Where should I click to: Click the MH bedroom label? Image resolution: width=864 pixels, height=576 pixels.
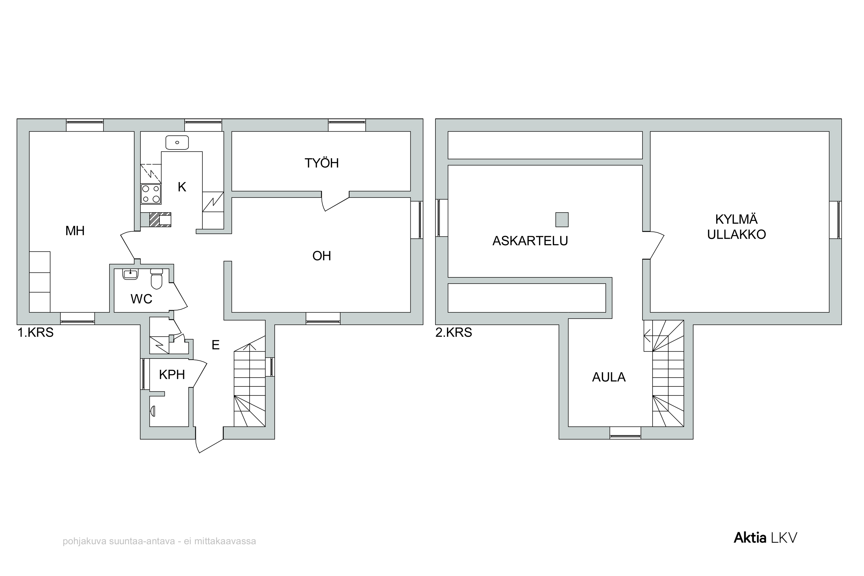(x=75, y=231)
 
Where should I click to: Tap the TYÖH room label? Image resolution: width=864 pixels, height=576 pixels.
(x=321, y=163)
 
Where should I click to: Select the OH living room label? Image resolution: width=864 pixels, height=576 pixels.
(x=322, y=256)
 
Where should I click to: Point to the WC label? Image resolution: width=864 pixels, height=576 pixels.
(x=141, y=299)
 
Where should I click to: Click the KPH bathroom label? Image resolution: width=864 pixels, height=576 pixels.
(x=172, y=375)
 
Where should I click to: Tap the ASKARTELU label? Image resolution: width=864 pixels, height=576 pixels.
(x=530, y=241)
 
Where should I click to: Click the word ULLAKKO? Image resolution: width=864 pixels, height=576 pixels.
(x=736, y=234)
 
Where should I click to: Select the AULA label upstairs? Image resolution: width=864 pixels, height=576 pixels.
(x=609, y=377)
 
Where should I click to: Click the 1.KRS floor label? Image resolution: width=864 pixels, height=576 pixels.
(x=36, y=332)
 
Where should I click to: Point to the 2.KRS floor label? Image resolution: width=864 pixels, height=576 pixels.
(x=454, y=332)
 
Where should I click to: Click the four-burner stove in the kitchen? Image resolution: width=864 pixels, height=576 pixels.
(x=151, y=194)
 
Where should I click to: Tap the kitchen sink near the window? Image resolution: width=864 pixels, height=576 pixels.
(x=177, y=142)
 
